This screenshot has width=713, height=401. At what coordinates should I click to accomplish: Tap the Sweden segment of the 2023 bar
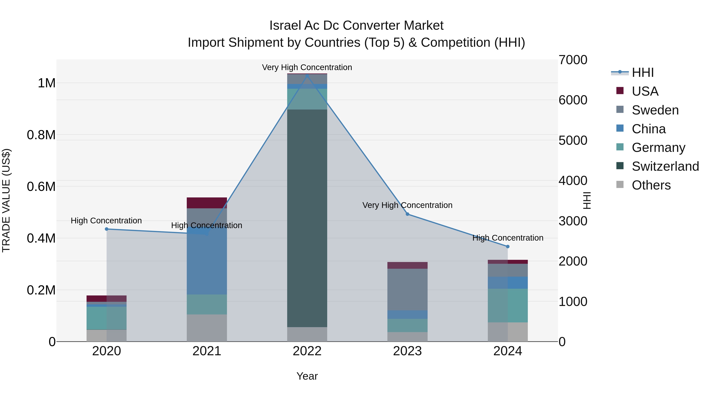click(407, 289)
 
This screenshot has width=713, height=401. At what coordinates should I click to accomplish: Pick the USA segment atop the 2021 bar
click(207, 203)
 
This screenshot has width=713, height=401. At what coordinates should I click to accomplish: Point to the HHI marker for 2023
click(407, 214)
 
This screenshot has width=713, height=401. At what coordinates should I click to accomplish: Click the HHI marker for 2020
click(107, 229)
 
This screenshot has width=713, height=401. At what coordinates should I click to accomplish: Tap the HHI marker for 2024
click(508, 246)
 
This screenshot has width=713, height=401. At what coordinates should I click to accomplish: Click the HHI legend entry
click(642, 72)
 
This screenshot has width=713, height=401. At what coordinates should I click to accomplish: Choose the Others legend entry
click(651, 185)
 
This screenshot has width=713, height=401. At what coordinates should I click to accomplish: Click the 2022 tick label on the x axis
click(307, 351)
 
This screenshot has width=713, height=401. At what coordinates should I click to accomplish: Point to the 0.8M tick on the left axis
click(41, 135)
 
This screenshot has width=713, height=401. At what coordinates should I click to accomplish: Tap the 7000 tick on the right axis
click(573, 60)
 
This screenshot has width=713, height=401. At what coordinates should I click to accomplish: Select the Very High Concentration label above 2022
click(307, 67)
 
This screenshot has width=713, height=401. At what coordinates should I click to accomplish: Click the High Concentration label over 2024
click(508, 238)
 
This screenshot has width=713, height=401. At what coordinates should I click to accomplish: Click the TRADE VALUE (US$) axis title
click(6, 200)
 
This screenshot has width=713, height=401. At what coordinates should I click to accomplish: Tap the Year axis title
click(307, 376)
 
